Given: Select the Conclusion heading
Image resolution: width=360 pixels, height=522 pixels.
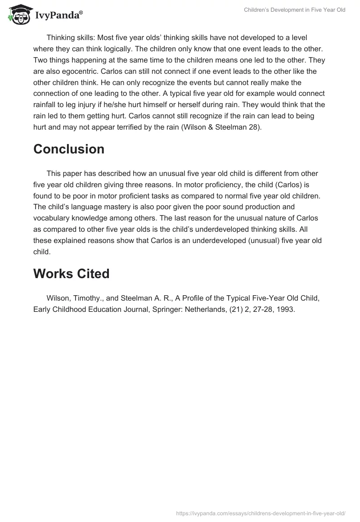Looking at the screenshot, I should pos(69,149).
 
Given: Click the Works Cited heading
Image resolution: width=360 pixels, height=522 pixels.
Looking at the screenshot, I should pos(72,273).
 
